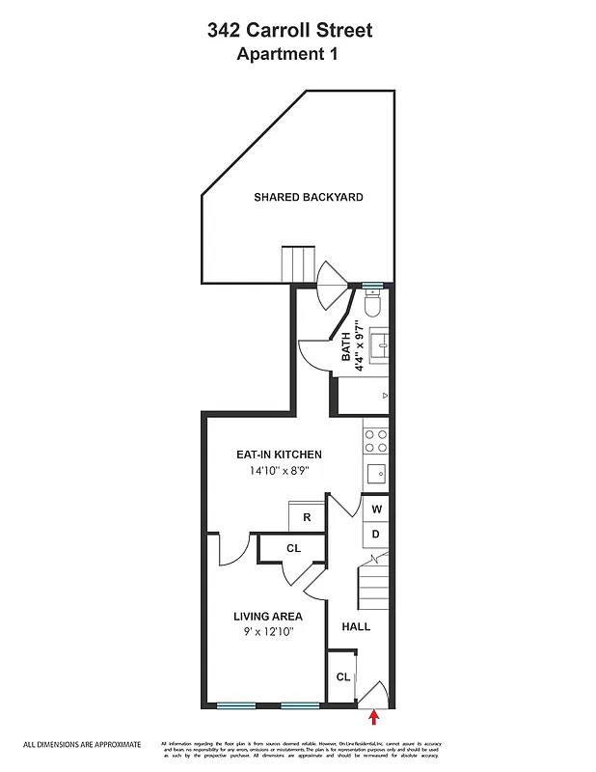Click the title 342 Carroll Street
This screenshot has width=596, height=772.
(x=289, y=31)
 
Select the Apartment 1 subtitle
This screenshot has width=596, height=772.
(x=289, y=54)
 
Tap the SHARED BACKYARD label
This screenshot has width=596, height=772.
(x=308, y=197)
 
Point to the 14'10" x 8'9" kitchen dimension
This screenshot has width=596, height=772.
(x=279, y=472)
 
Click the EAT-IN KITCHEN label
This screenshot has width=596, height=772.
(x=279, y=455)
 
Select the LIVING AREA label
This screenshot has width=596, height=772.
(x=267, y=616)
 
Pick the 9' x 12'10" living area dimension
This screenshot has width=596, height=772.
(x=267, y=632)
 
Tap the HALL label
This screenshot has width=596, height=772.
(x=356, y=627)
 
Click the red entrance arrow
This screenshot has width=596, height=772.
(x=374, y=715)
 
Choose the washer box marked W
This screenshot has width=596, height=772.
(x=376, y=509)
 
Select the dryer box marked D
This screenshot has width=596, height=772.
(x=376, y=533)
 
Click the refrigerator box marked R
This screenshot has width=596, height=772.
(x=307, y=517)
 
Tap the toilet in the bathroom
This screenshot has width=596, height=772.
(x=375, y=305)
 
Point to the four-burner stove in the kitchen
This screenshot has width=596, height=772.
(x=375, y=441)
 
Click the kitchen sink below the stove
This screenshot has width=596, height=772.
(x=376, y=473)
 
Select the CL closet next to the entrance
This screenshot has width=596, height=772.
(x=342, y=676)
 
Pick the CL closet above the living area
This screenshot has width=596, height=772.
(x=293, y=548)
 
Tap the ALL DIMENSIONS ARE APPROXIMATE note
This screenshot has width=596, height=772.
(x=82, y=744)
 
